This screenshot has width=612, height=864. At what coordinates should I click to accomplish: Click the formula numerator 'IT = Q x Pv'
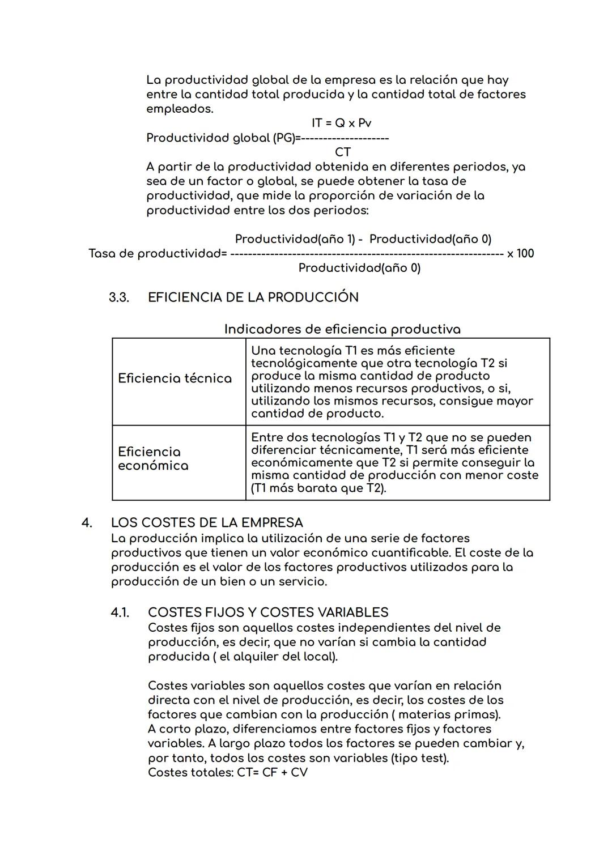[341, 123]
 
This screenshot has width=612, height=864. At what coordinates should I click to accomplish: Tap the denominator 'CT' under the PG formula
[343, 152]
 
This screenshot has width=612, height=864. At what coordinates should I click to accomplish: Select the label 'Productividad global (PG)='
[221, 138]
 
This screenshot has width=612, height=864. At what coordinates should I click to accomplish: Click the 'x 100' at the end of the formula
[520, 253]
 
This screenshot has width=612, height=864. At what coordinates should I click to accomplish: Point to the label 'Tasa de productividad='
[158, 253]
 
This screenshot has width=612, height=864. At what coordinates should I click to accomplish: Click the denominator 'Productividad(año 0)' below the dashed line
[359, 267]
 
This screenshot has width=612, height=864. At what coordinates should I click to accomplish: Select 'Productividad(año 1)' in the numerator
[295, 239]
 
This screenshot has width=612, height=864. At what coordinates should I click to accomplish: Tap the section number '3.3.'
[119, 297]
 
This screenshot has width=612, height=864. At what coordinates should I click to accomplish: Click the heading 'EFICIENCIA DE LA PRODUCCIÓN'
[253, 297]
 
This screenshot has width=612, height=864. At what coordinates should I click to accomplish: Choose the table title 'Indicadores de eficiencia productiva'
[342, 329]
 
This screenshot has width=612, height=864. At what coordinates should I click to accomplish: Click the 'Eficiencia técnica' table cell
[175, 378]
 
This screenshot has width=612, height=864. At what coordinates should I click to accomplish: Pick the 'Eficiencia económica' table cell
[153, 459]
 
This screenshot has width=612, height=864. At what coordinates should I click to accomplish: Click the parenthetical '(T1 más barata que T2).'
[318, 488]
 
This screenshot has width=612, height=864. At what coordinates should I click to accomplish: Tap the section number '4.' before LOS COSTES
[87, 522]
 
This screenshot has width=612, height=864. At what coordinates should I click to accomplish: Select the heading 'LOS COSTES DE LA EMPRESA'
[207, 522]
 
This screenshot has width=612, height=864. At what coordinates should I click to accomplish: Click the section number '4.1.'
[120, 612]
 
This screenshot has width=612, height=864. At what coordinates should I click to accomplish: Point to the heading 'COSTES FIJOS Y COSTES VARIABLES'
[268, 612]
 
